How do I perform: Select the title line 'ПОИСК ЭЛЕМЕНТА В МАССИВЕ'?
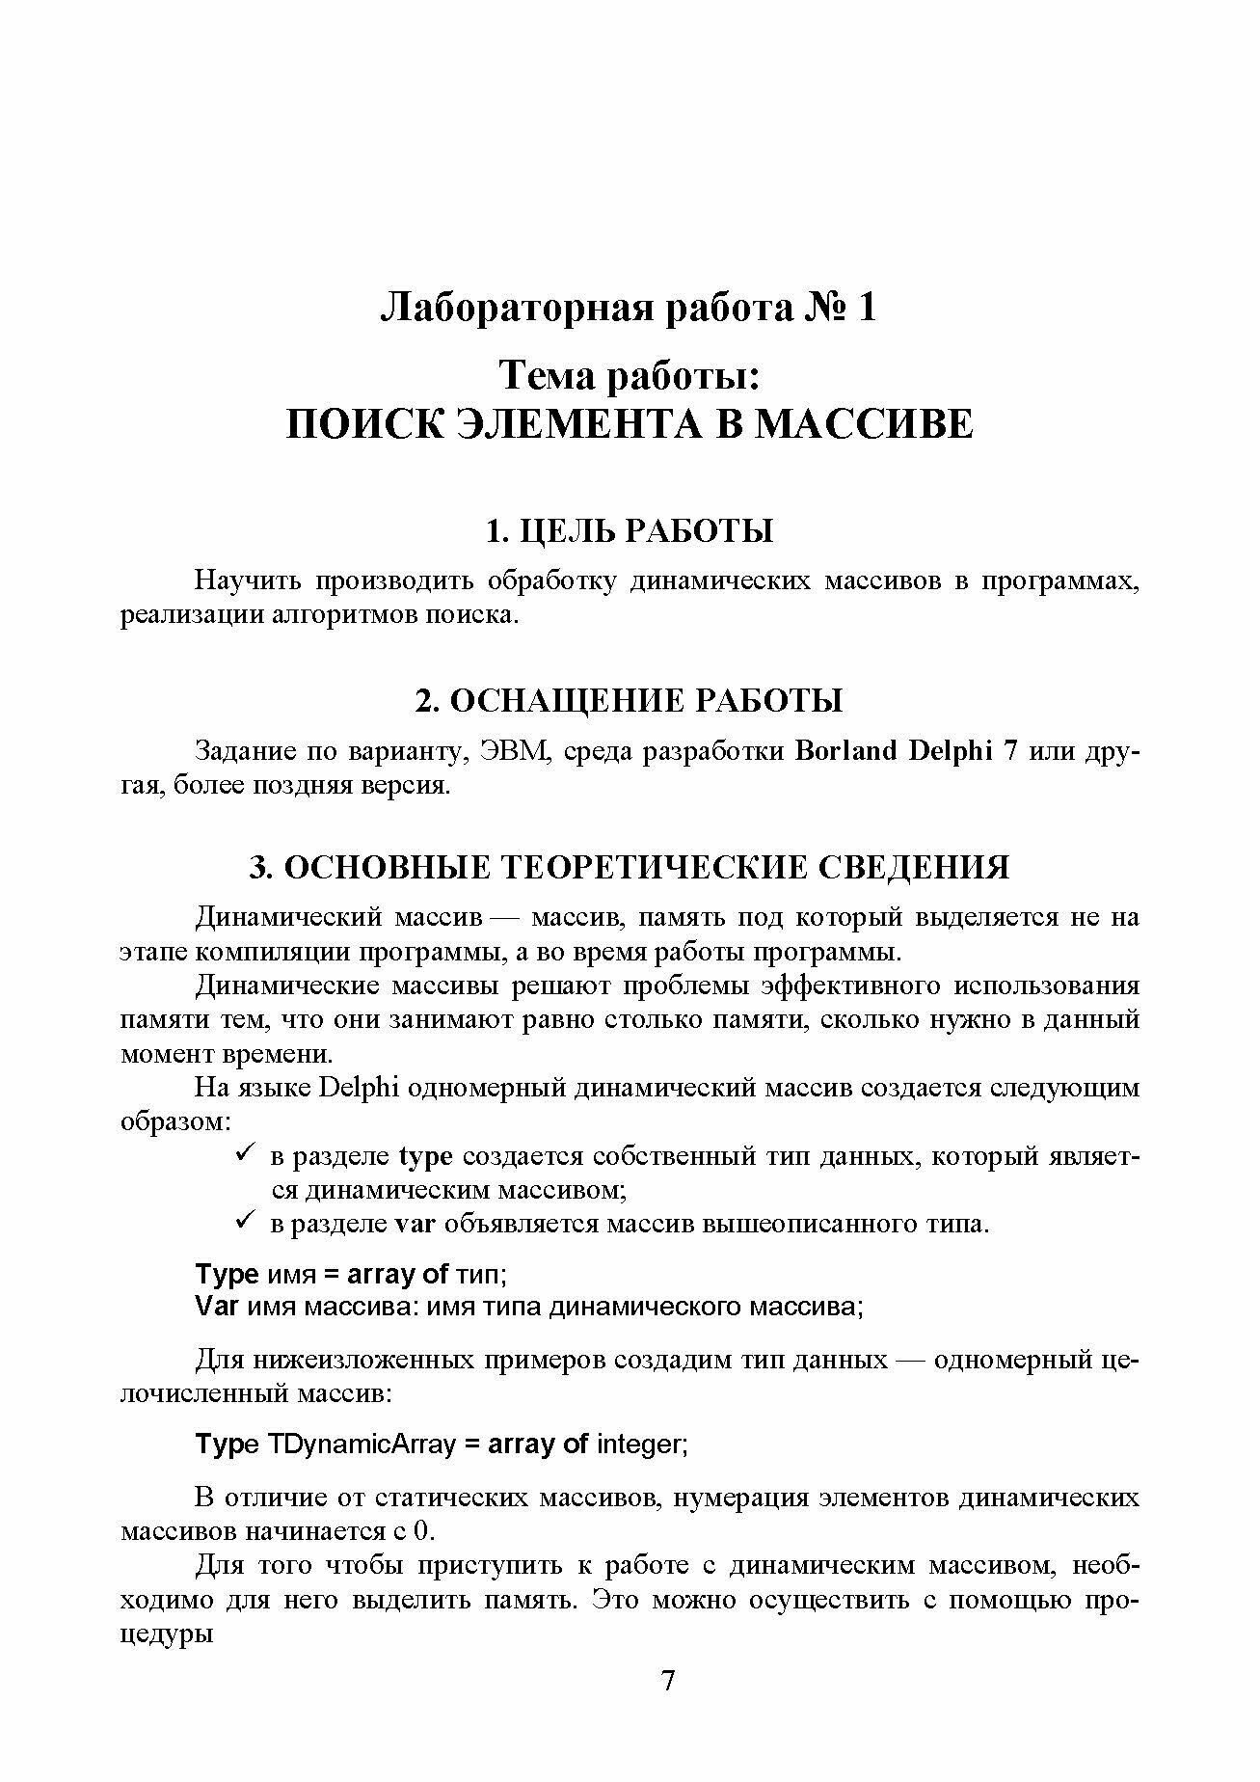coord(630,424)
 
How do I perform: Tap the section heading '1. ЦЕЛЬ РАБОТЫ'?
coord(630,531)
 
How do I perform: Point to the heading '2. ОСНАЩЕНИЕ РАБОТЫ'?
coord(630,700)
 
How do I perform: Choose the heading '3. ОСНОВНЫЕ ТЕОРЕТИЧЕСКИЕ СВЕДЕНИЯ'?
coord(630,867)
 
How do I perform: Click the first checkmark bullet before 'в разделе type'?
coord(244,1153)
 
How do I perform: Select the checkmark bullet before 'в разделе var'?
coord(244,1222)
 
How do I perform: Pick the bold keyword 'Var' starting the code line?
coord(217,1307)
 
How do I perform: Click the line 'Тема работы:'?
coord(630,375)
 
